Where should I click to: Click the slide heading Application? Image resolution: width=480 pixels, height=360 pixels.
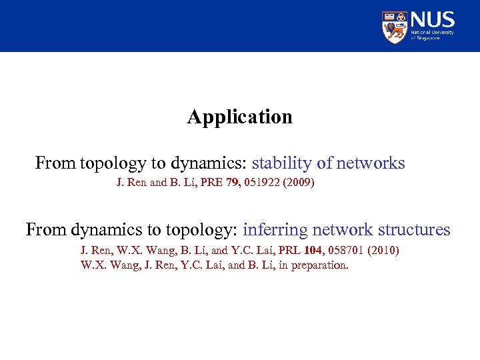click(x=239, y=117)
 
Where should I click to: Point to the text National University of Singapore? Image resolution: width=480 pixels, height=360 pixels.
click(x=433, y=35)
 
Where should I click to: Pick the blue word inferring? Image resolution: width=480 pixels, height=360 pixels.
click(x=275, y=230)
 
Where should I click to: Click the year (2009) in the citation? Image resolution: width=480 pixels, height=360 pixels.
click(x=299, y=182)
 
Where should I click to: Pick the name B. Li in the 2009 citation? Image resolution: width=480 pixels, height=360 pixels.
click(x=183, y=182)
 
